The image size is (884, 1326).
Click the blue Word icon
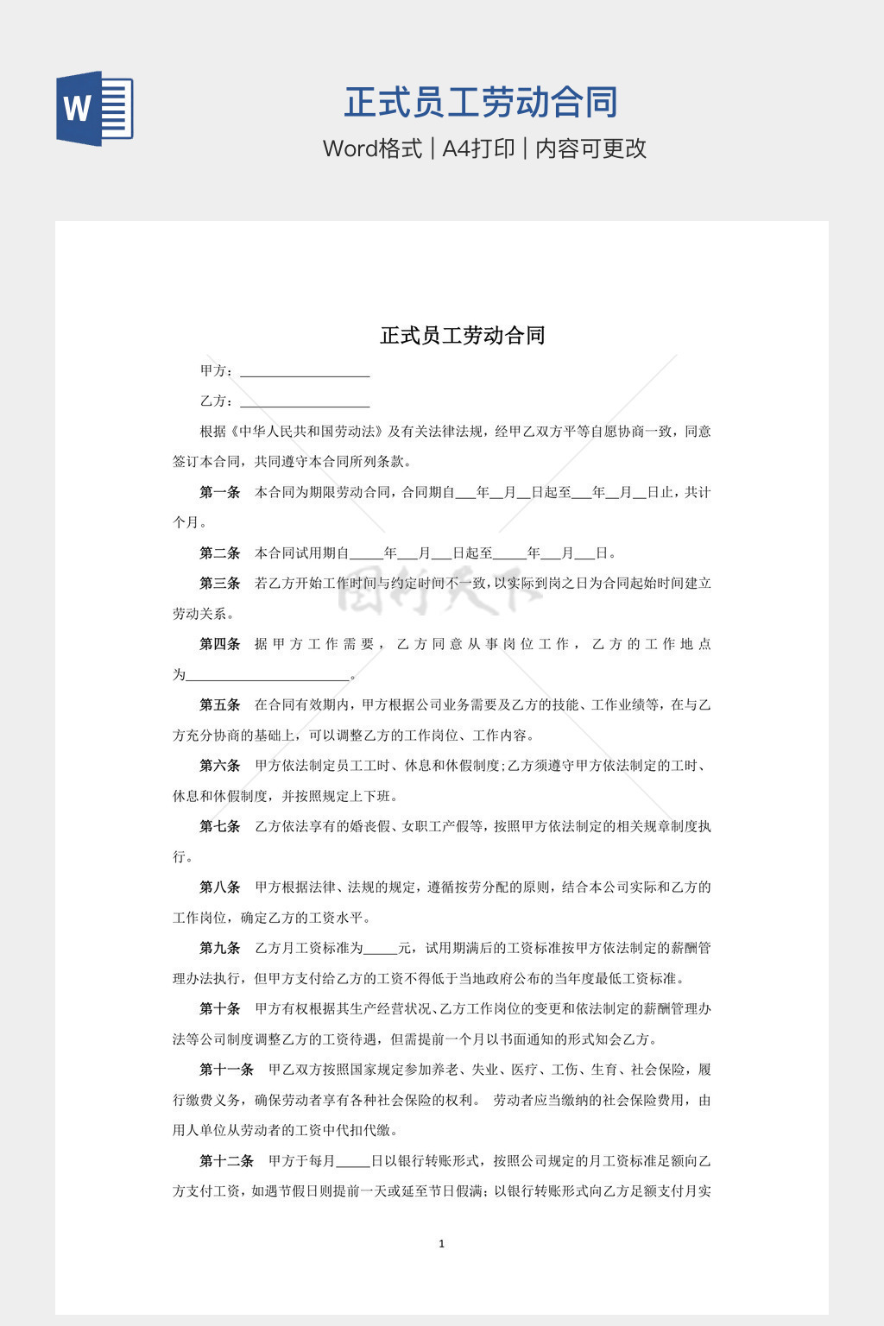point(94,109)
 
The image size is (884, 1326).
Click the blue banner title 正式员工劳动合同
point(481,103)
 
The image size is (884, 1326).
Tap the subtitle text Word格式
point(372,148)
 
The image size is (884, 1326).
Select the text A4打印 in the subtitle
point(478,148)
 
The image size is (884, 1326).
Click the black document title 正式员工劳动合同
point(463,335)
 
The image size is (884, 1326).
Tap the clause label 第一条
point(219,492)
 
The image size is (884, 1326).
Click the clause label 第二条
point(219,552)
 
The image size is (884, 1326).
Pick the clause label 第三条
point(219,583)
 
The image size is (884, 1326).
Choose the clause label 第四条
point(219,644)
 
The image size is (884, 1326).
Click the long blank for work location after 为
point(268,676)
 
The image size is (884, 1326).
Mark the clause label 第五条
point(219,704)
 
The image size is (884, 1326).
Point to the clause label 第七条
point(219,826)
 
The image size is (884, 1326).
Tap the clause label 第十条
point(219,1008)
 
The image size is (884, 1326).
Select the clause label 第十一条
point(226,1070)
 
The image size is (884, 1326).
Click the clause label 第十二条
point(226,1161)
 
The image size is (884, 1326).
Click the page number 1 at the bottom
point(441,1243)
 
